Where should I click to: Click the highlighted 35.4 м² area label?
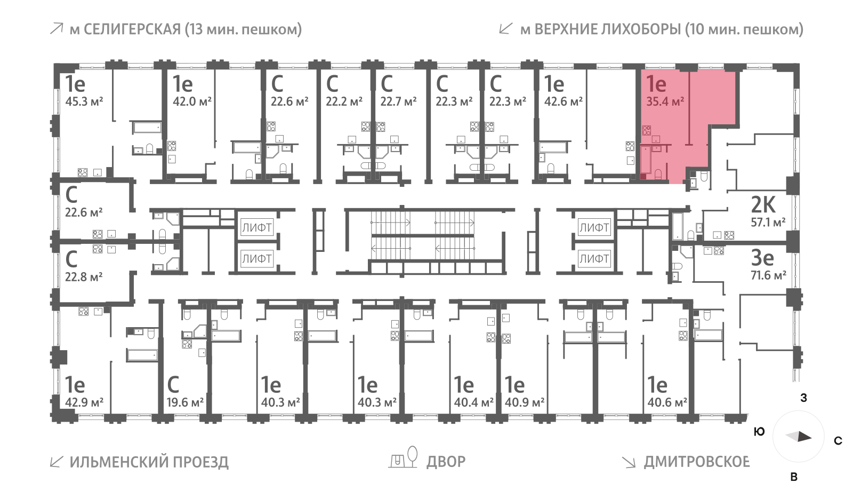[665, 101]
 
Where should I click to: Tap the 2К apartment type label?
[763, 205]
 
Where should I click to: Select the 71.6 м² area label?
[768, 275]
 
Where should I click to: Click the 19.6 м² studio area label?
[185, 402]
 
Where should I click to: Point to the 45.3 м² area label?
[84, 101]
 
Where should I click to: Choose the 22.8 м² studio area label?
[84, 277]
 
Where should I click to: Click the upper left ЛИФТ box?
[257, 228]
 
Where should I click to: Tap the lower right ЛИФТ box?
[594, 259]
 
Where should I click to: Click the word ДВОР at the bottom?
[446, 461]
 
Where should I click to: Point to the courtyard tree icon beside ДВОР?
[412, 455]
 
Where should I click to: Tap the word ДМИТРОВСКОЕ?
[696, 461]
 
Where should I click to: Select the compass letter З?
[803, 398]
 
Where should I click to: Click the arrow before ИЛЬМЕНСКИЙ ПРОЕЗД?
[56, 461]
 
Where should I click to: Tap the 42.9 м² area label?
[84, 402]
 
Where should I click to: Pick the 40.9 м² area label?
[525, 402]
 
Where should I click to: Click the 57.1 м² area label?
[768, 223]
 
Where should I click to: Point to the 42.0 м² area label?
[192, 101]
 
